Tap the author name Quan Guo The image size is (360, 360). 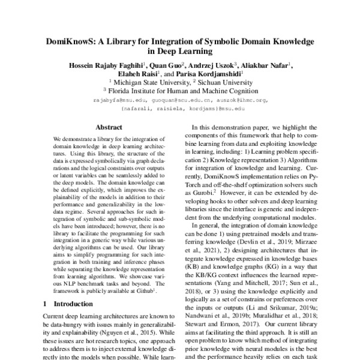coord(166,65)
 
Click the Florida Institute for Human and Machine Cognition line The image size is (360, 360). coord(181,91)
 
